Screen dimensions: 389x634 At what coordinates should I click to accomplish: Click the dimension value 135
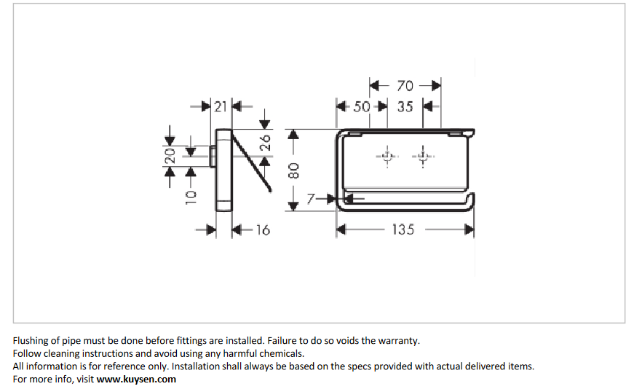(x=403, y=229)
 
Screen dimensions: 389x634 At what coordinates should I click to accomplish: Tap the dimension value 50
(x=362, y=106)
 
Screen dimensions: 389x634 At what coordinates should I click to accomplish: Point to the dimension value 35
(x=405, y=106)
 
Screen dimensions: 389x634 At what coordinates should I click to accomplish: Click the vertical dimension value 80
(x=293, y=171)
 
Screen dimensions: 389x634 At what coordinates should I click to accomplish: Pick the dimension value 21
(x=221, y=106)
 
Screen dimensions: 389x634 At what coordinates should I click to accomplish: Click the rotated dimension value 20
(x=170, y=155)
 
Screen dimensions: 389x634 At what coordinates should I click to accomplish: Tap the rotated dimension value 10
(x=191, y=195)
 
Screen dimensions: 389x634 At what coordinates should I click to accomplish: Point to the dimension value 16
(x=263, y=230)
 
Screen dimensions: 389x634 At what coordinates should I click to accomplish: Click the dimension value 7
(x=311, y=198)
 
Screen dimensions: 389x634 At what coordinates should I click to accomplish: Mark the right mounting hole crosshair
(x=422, y=157)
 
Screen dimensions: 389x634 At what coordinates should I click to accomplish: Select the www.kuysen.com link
(x=136, y=379)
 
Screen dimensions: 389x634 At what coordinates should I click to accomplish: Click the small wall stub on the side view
(x=213, y=156)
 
